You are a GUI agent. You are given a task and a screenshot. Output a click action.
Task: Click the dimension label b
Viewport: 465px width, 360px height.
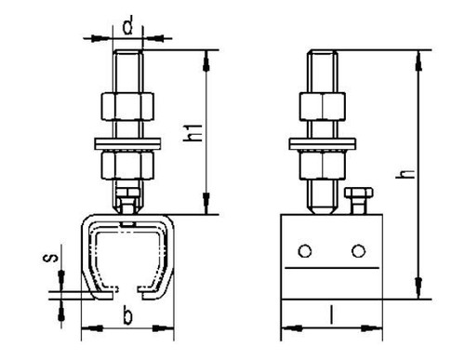click(x=127, y=314)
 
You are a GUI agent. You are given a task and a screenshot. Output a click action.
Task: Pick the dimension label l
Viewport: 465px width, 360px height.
click(x=332, y=314)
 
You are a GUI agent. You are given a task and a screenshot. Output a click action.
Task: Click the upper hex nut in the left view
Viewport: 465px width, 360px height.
click(x=127, y=106)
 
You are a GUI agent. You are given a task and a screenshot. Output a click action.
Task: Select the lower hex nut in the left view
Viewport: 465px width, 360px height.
click(x=127, y=165)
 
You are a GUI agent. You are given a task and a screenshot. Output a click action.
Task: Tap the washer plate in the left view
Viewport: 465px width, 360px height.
click(x=127, y=143)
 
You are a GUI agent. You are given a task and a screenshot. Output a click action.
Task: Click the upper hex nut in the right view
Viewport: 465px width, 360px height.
click(x=323, y=106)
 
